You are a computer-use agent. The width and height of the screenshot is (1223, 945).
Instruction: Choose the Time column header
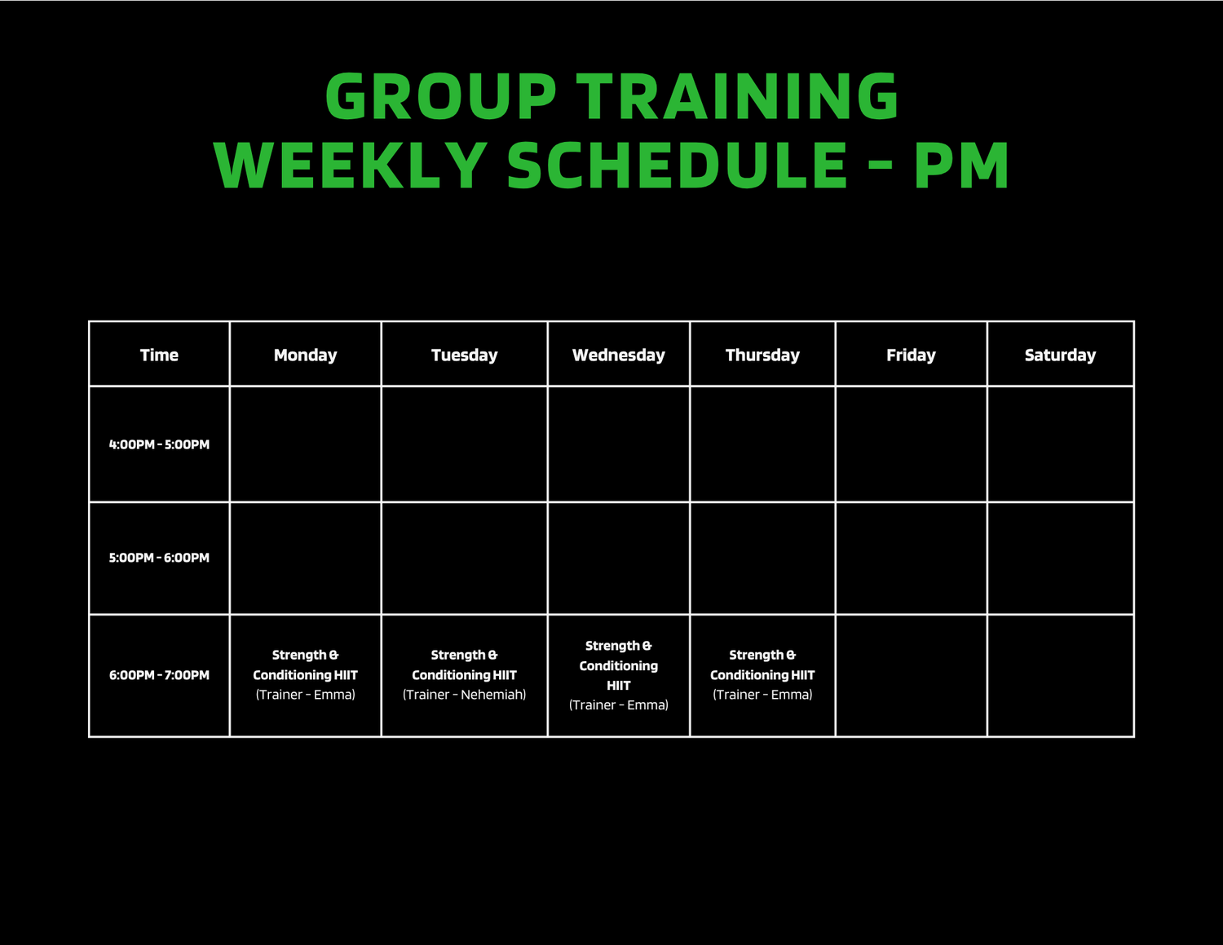[x=159, y=355]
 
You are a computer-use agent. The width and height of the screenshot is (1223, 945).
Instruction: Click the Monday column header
[x=305, y=355]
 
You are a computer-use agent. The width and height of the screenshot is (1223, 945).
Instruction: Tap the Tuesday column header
[x=464, y=355]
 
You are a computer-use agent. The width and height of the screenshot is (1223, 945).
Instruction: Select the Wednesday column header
[x=619, y=355]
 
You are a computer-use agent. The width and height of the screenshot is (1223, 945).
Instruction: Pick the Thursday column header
[x=762, y=355]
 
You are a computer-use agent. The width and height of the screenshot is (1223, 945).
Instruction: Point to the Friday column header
[x=911, y=355]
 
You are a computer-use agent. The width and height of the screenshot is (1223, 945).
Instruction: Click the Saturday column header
[x=1060, y=355]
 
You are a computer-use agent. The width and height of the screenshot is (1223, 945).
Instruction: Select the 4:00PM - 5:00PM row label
[x=159, y=444]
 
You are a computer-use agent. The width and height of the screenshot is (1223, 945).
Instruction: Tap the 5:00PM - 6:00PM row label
[x=159, y=558]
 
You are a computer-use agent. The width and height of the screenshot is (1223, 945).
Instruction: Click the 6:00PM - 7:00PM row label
[x=159, y=675]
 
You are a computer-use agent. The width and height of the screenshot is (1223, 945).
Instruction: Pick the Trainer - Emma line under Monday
[x=305, y=695]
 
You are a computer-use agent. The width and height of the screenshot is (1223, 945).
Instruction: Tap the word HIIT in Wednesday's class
[x=619, y=686]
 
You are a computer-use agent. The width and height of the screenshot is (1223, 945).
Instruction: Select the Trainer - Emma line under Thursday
[x=762, y=695]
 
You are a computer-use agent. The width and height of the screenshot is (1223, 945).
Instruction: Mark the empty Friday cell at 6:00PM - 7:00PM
[x=912, y=675]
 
